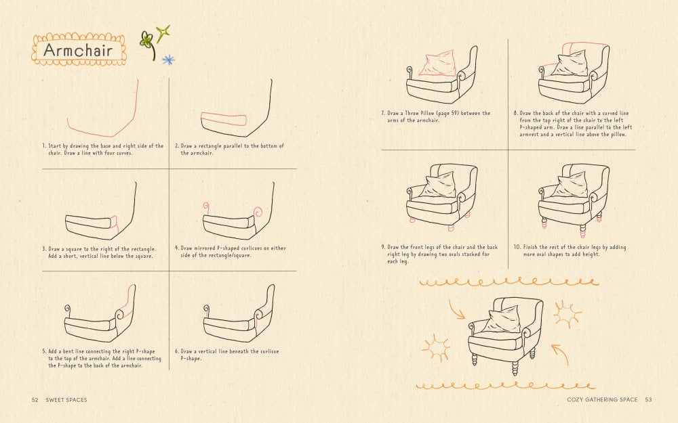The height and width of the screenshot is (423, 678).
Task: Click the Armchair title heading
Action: click(x=79, y=50)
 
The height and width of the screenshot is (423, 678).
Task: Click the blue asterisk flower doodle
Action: click(x=168, y=60)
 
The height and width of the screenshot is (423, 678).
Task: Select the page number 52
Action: click(x=35, y=400)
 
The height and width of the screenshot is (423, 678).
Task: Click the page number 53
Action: click(x=648, y=400)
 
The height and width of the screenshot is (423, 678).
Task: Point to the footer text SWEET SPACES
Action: click(x=66, y=400)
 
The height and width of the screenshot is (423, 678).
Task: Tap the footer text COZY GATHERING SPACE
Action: click(x=602, y=400)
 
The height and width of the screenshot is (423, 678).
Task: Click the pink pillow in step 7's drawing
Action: click(x=437, y=64)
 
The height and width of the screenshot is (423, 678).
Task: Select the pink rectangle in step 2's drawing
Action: click(x=224, y=120)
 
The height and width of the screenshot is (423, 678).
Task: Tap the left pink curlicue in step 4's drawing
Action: click(x=205, y=207)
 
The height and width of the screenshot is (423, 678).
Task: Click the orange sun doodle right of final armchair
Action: click(x=566, y=313)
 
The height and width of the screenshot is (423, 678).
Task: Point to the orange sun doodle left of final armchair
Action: click(x=435, y=347)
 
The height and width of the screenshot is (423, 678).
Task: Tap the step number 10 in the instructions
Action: click(x=516, y=248)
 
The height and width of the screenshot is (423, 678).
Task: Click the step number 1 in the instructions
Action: click(x=43, y=146)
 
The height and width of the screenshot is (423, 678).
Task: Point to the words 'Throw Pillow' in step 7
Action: click(x=424, y=113)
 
